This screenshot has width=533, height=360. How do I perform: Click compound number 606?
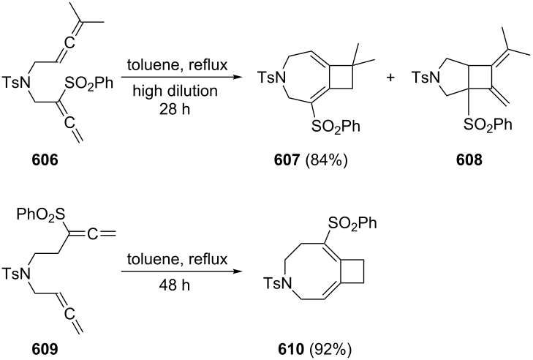click(x=45, y=160)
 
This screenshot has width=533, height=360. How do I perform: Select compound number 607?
click(x=287, y=160)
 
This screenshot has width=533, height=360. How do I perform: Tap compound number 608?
click(x=469, y=160)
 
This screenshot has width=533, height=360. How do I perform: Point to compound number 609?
click(x=45, y=349)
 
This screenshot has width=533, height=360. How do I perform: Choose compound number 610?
click(x=290, y=349)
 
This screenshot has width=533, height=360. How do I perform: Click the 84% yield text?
click(x=327, y=160)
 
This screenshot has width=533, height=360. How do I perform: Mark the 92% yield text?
click(x=329, y=349)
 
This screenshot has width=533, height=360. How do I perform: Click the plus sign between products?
click(x=390, y=78)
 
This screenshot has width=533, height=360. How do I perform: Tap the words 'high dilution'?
click(x=175, y=91)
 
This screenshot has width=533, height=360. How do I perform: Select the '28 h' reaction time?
click(x=175, y=110)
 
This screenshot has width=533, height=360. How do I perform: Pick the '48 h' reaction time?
click(x=175, y=285)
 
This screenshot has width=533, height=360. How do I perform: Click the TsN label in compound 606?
click(x=17, y=83)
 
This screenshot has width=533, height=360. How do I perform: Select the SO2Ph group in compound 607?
click(x=336, y=127)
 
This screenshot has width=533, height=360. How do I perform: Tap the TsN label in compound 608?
click(x=426, y=78)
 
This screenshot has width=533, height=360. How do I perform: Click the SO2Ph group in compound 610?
click(x=352, y=225)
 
